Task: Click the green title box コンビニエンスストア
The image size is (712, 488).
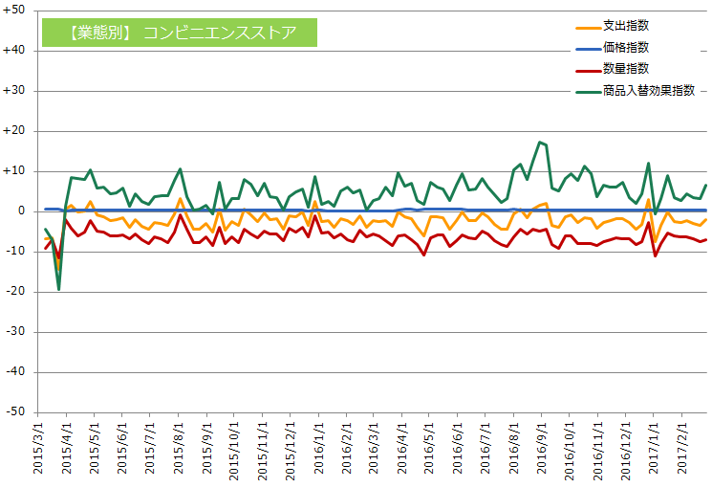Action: [x=181, y=33]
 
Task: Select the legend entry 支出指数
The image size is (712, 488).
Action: [x=626, y=25]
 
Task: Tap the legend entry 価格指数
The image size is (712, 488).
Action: [x=626, y=47]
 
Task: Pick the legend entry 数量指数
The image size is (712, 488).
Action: [x=626, y=69]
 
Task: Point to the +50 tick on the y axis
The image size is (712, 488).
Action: [x=18, y=11]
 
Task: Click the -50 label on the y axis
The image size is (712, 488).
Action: [x=19, y=412]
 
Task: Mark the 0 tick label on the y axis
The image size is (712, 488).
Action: [x=25, y=211]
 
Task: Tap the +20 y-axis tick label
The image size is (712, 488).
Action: [x=18, y=131]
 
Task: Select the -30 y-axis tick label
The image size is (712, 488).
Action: [x=19, y=332]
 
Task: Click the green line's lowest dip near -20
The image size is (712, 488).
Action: [x=58, y=289]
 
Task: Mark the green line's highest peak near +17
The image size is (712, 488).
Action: [x=540, y=143]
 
